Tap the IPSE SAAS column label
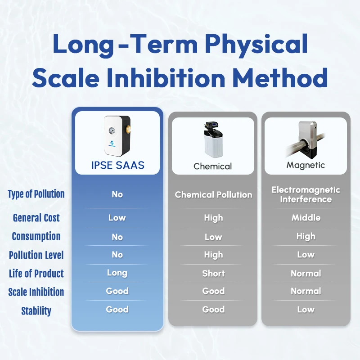[x=117, y=165]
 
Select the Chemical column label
[x=213, y=166]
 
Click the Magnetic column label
[x=306, y=165]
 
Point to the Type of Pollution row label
[x=36, y=194]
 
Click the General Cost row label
[x=36, y=218]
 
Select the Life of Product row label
[x=36, y=274]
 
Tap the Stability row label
[x=36, y=311]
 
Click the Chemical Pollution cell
[x=213, y=195]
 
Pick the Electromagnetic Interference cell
[x=306, y=194]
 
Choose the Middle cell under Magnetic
[x=306, y=218]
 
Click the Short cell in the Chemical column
[x=213, y=274]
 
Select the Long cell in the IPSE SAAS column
[x=117, y=273]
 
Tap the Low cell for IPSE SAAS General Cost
[x=117, y=218]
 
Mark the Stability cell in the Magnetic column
[x=306, y=310]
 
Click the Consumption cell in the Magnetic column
[x=306, y=237]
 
